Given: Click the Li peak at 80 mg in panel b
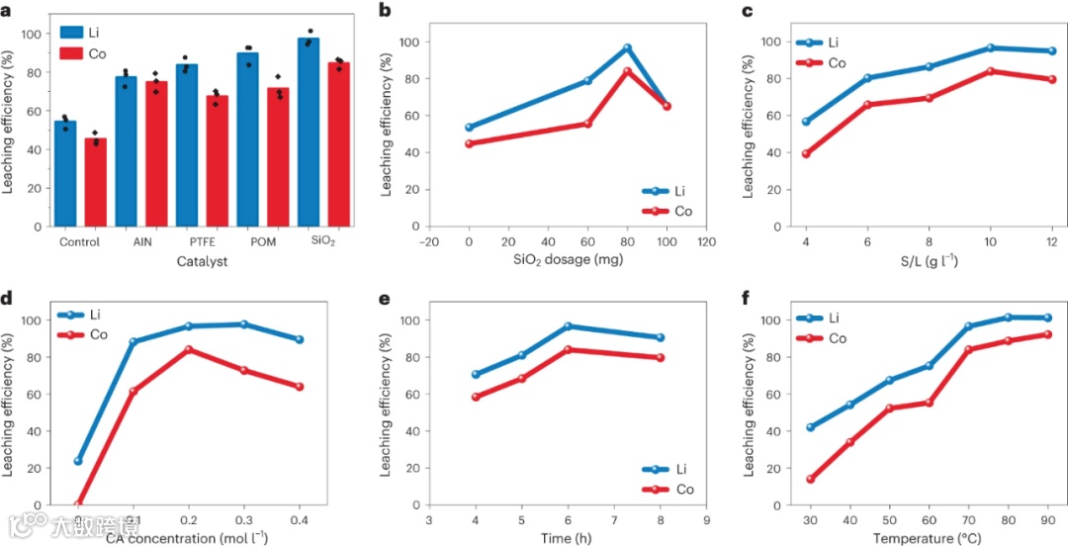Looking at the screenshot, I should click(627, 47).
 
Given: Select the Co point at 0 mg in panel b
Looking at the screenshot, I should click(469, 143).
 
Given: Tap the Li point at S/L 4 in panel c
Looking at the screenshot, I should click(806, 122).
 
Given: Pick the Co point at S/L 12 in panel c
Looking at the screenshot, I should click(1052, 79).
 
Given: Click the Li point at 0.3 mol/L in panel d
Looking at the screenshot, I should click(243, 324).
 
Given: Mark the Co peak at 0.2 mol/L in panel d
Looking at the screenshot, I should click(188, 349).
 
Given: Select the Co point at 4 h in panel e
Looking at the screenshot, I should click(476, 397).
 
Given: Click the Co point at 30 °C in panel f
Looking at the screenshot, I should click(811, 479).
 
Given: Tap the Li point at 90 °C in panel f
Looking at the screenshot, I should click(1047, 318).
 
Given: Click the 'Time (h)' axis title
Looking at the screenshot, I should click(568, 539).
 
